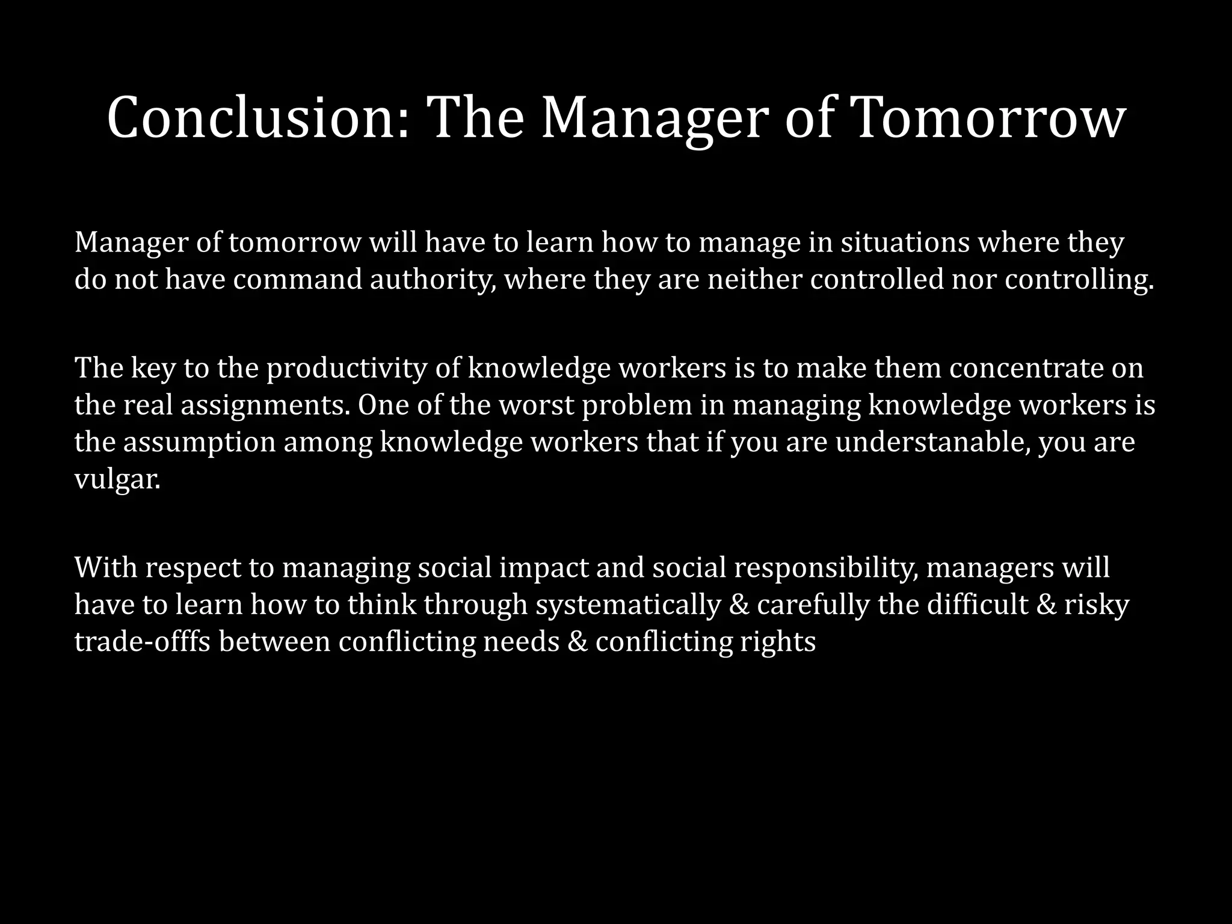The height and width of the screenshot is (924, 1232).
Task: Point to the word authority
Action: coord(433,280)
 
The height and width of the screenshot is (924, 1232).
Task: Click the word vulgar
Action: coord(117,480)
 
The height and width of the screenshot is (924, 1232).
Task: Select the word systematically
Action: coord(628,605)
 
